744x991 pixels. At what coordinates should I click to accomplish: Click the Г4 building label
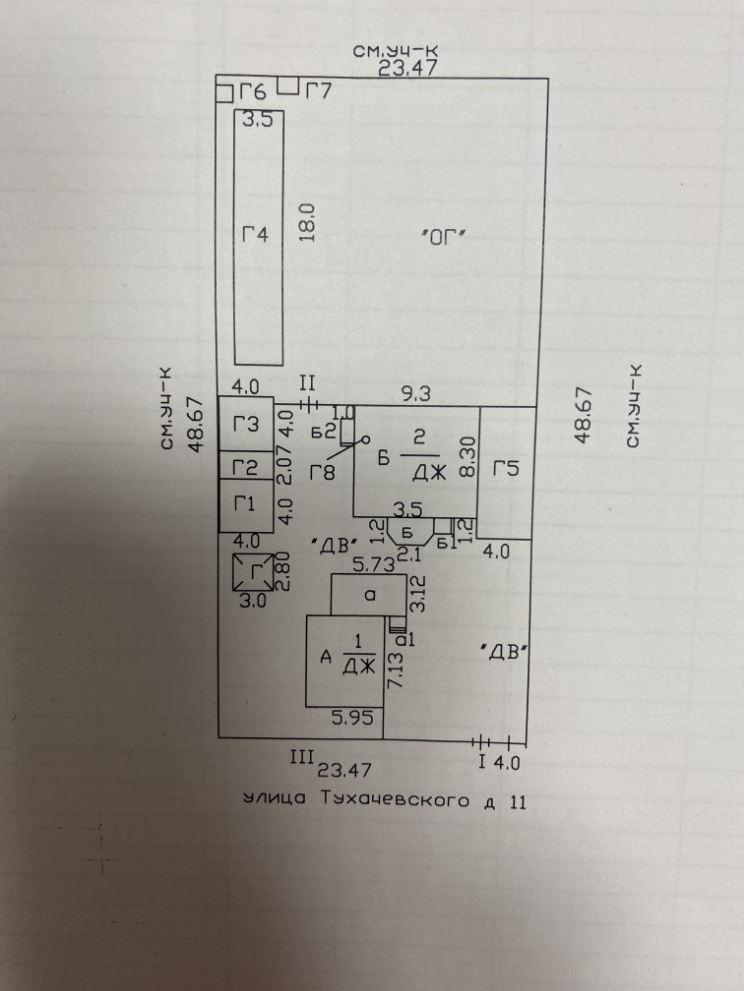click(x=255, y=235)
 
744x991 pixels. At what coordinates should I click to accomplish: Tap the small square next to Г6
click(x=223, y=93)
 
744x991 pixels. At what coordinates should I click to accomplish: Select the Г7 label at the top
click(x=318, y=92)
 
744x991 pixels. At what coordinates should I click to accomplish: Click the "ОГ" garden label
click(x=441, y=236)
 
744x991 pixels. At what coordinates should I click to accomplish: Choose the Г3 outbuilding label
click(x=246, y=425)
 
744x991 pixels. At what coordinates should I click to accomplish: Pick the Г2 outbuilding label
click(x=245, y=467)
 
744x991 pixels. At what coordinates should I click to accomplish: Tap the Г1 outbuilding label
click(x=245, y=505)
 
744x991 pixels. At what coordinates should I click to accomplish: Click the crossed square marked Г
click(x=251, y=572)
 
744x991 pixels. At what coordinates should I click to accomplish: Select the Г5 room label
click(x=506, y=469)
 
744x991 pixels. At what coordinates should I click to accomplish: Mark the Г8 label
click(x=323, y=473)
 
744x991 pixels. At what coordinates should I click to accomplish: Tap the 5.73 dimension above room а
click(x=373, y=565)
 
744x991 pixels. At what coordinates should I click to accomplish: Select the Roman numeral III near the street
click(x=300, y=757)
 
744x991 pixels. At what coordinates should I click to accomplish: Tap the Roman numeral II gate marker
click(x=305, y=382)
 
